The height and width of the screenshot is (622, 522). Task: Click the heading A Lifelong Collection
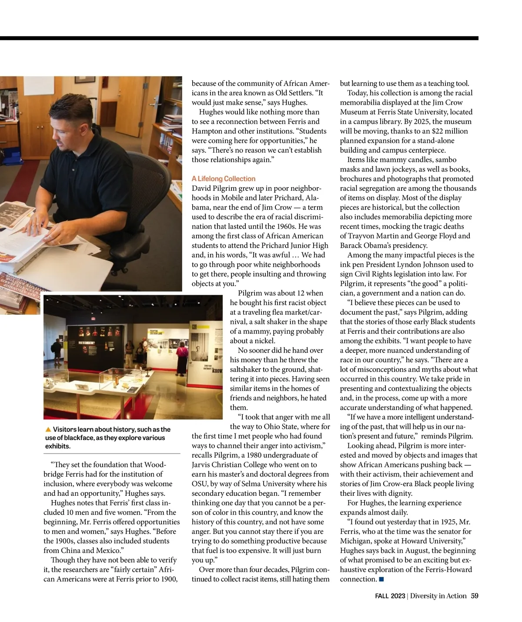(x=223, y=179)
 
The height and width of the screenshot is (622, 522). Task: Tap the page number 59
(x=474, y=596)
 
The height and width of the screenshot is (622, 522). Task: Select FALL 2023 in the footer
(x=390, y=596)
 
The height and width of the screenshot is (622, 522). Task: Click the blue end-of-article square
(x=381, y=579)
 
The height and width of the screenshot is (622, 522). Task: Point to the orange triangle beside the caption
(x=48, y=430)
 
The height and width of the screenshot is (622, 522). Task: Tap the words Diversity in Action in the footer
(x=438, y=596)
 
